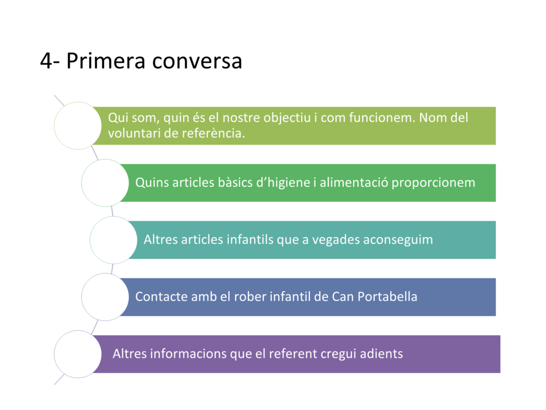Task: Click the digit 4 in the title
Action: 46,61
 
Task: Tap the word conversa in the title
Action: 197,61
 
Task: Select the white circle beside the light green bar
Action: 78,126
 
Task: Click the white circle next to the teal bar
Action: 114,240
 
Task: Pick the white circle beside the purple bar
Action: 78,354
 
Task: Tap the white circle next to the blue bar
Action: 105,297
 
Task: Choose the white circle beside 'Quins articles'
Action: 105,183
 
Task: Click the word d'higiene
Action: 283,183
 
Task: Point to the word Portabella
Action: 387,297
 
